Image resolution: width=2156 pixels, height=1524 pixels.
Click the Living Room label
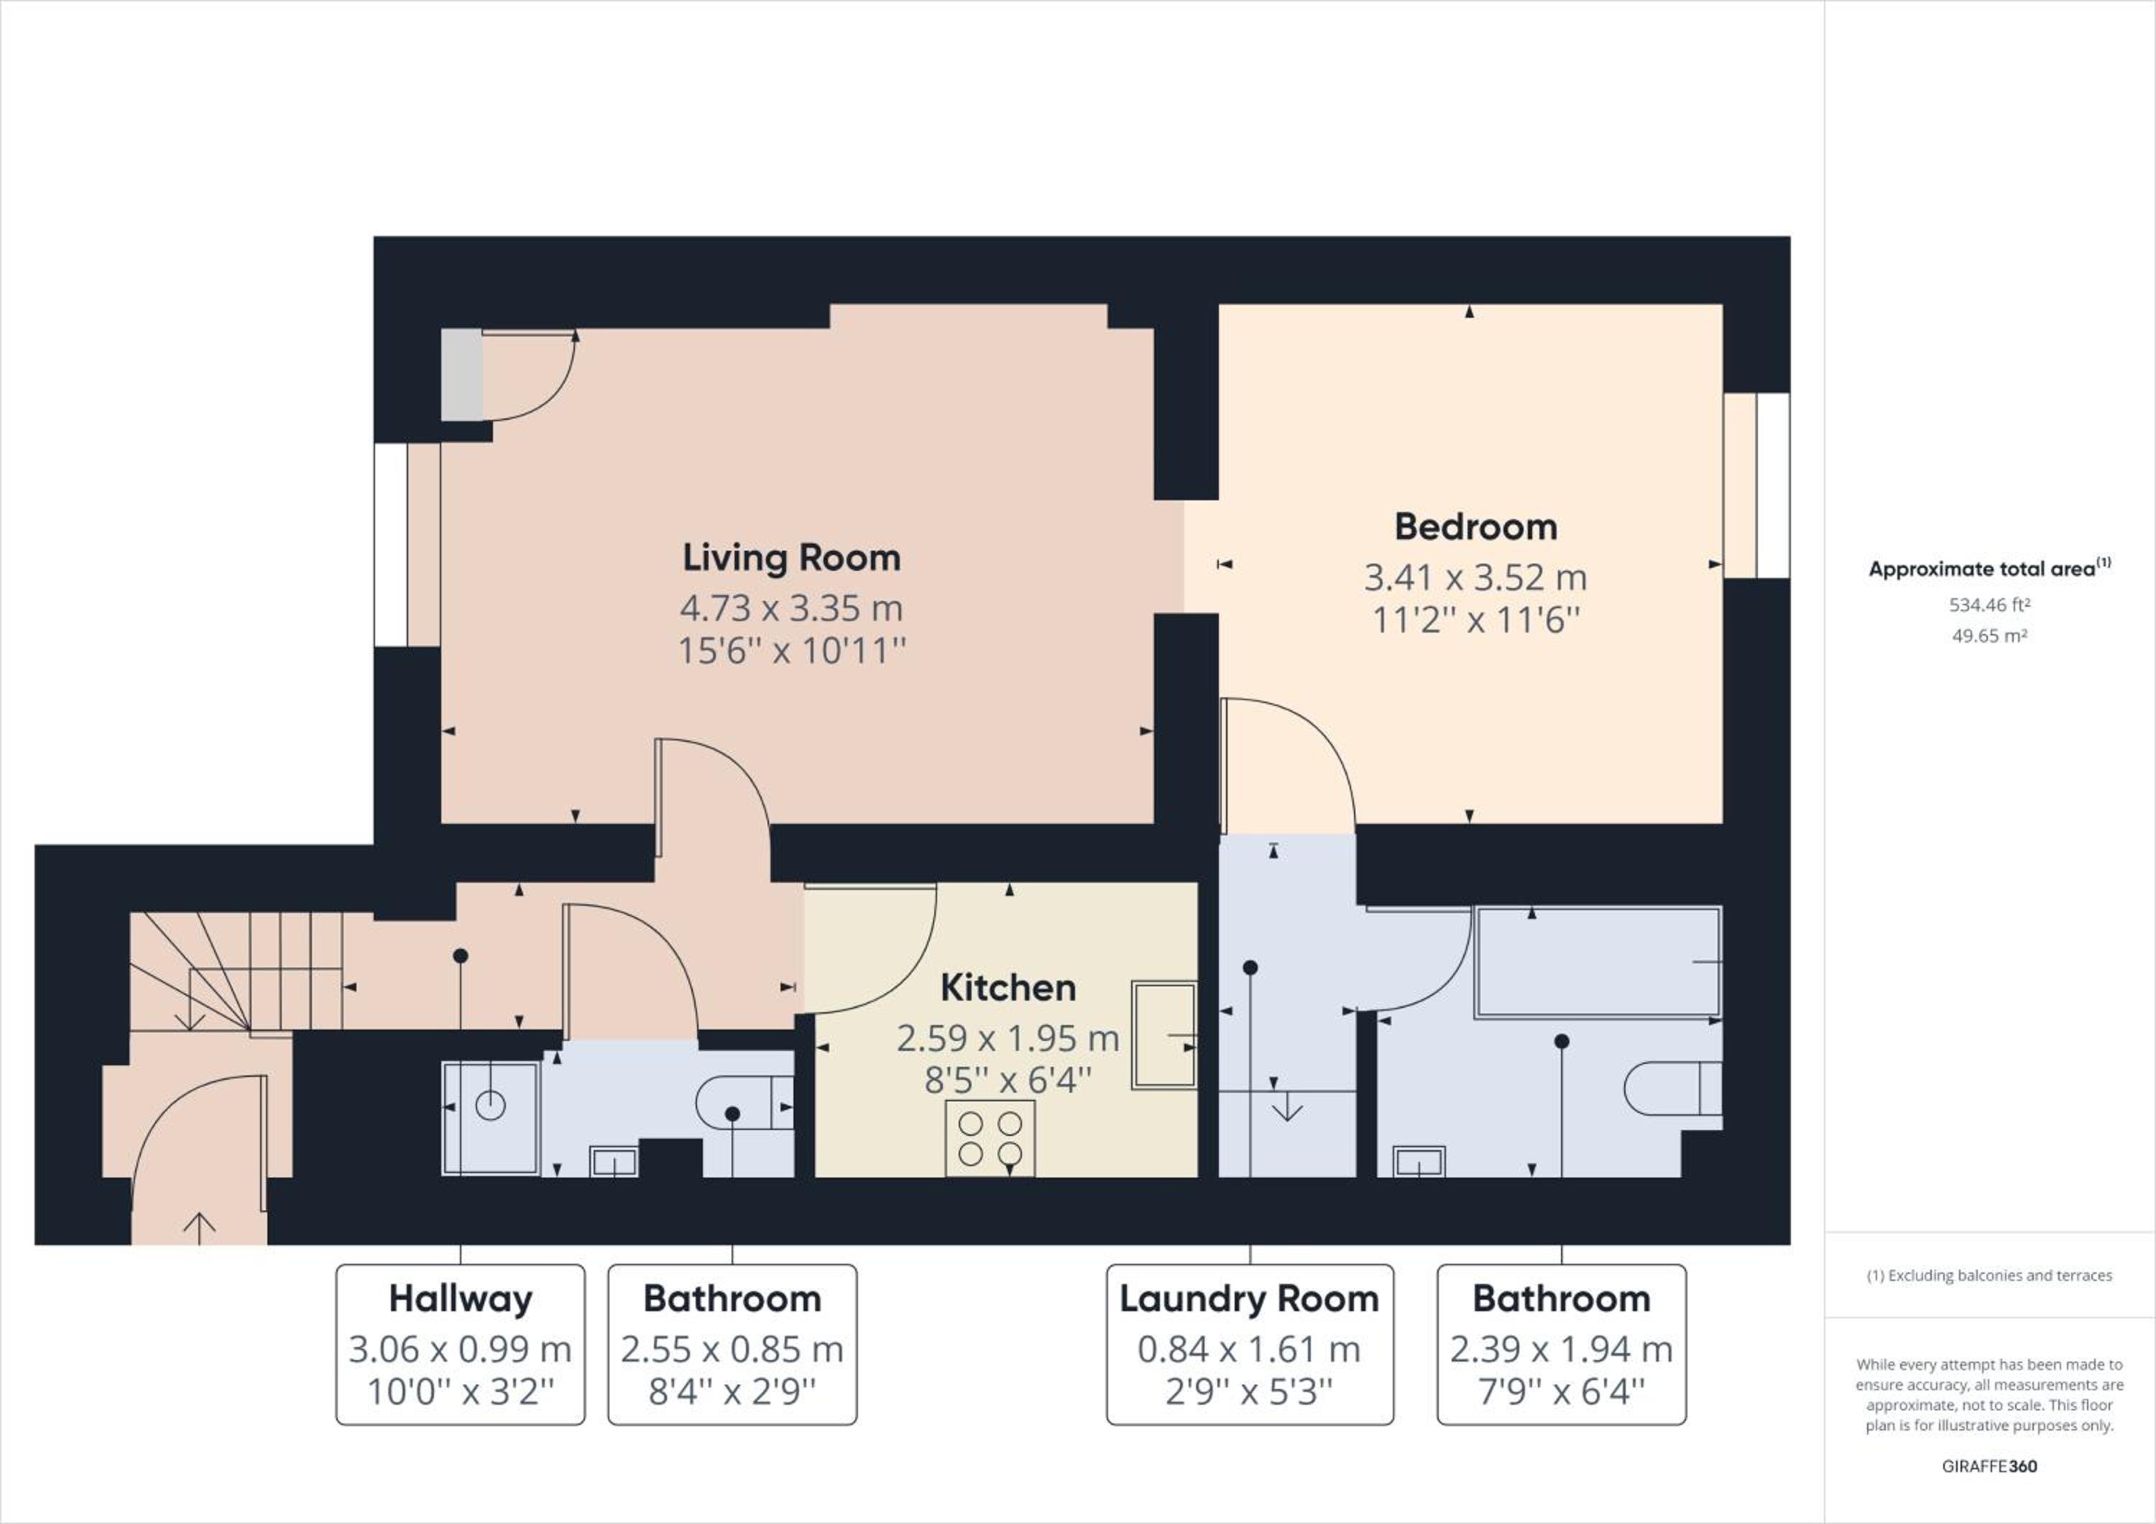click(x=791, y=558)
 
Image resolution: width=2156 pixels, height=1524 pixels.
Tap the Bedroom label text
click(x=1475, y=527)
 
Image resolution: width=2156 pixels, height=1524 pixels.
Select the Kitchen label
click(x=1008, y=988)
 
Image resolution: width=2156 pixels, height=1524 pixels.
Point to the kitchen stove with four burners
click(x=990, y=1137)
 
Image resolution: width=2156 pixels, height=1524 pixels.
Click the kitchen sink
click(x=1164, y=1034)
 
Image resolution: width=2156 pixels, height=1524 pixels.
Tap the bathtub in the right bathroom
click(x=1598, y=963)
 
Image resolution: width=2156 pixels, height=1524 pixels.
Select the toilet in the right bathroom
click(x=1672, y=1088)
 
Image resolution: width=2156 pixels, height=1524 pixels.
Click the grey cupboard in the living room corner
click(x=462, y=375)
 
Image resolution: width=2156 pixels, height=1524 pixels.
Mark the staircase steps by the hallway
click(x=235, y=972)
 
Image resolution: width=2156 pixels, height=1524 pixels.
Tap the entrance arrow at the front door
click(x=199, y=1229)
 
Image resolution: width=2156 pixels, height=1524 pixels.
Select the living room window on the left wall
click(x=407, y=545)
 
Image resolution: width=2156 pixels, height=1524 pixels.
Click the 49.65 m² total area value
click(x=1989, y=635)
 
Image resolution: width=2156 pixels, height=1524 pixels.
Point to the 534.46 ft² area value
click(x=1989, y=605)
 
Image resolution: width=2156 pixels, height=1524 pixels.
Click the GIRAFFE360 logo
click(x=1989, y=1466)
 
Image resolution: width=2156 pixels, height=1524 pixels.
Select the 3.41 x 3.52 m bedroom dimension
click(x=1475, y=577)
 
